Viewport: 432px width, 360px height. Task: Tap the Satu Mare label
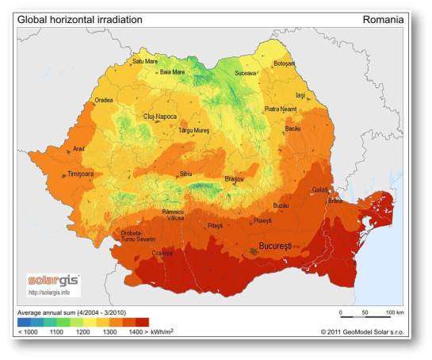pos(146,60)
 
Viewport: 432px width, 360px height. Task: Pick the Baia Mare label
pos(172,71)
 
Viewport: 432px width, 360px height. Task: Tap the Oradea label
pos(104,100)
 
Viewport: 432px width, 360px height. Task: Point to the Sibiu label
pos(186,172)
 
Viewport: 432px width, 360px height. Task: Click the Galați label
pos(319,190)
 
